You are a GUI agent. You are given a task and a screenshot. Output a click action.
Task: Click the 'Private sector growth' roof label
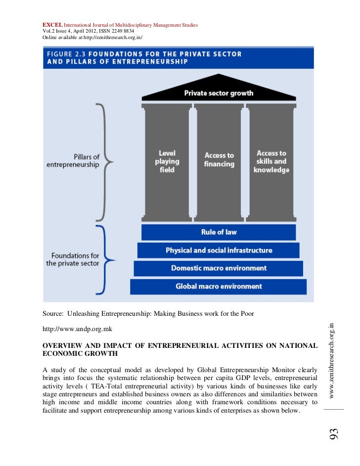coord(219,93)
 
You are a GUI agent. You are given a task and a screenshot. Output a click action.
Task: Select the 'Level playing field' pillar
coord(167,162)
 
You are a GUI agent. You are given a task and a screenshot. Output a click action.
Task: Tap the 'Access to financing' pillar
coord(219,160)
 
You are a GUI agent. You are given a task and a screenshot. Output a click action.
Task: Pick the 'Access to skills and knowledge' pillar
coord(271,162)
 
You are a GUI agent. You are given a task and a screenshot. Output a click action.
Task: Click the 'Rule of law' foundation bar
coord(219,232)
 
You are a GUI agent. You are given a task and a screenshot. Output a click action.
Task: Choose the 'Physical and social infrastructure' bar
coord(219,250)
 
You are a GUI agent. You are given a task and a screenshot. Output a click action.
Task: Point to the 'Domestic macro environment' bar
coord(219,268)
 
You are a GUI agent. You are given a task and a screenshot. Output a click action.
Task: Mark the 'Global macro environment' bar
coord(219,286)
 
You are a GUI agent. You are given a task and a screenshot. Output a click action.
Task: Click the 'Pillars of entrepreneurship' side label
coord(73,161)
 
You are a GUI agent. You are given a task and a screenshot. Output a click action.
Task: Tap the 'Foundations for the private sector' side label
coord(73,259)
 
